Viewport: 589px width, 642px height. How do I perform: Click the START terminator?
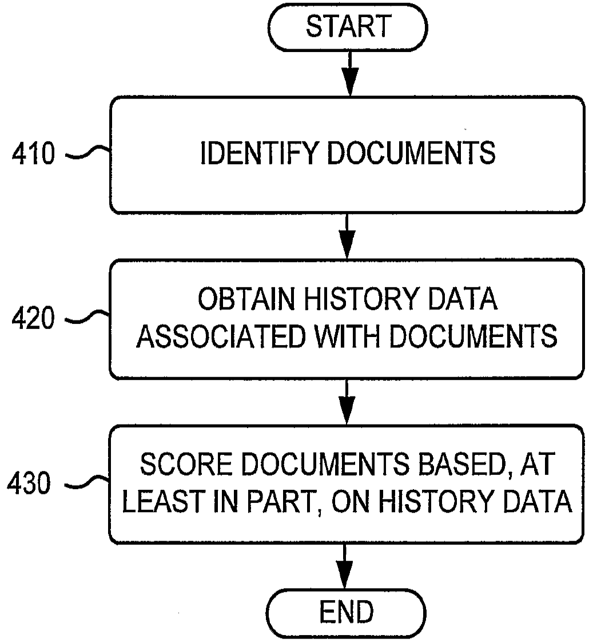[x=348, y=27]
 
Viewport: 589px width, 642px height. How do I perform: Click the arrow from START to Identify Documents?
[x=348, y=73]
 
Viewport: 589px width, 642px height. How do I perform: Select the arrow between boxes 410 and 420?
[x=347, y=236]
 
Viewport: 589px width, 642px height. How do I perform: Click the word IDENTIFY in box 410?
[x=257, y=153]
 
